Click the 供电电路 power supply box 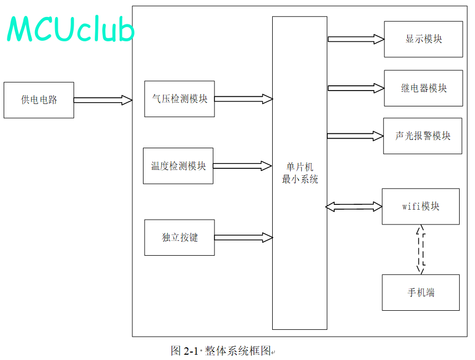click(x=39, y=100)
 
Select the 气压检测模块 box click(x=180, y=98)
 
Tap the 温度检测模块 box click(x=178, y=166)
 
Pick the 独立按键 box click(x=180, y=237)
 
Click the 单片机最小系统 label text click(x=300, y=173)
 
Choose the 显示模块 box click(x=424, y=39)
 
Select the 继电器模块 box click(x=424, y=88)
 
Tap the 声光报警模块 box click(x=423, y=136)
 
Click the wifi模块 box click(x=421, y=206)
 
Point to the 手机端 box click(x=421, y=292)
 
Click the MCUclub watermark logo click(x=70, y=29)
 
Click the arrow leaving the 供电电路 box click(x=103, y=100)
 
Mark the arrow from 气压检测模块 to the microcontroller click(x=244, y=98)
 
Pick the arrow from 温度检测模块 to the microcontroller click(x=243, y=166)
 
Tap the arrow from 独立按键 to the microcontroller click(x=244, y=237)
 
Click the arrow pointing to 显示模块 click(x=356, y=39)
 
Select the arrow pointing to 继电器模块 click(x=356, y=88)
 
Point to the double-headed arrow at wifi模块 click(x=354, y=206)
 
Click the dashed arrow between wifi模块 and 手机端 click(x=421, y=249)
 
